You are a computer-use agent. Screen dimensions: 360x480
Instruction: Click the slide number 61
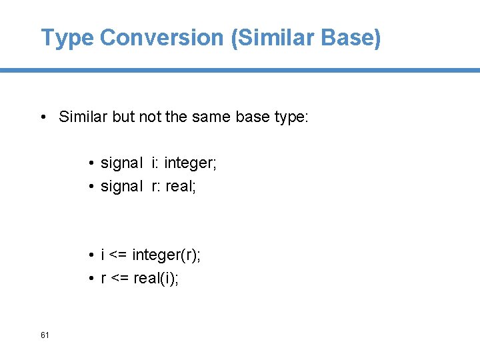[x=45, y=335]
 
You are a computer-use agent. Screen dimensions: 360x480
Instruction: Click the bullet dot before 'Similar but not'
[x=42, y=118]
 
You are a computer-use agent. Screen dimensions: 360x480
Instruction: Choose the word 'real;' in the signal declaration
[x=181, y=186]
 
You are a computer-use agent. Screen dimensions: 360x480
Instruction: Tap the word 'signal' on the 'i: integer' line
[x=121, y=163]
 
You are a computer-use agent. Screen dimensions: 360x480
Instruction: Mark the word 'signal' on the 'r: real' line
[x=121, y=186]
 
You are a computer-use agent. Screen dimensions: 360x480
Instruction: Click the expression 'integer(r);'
[x=166, y=255]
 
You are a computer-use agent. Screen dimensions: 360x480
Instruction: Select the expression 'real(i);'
[x=156, y=278]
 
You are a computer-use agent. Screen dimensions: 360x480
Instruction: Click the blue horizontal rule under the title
[x=240, y=70]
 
